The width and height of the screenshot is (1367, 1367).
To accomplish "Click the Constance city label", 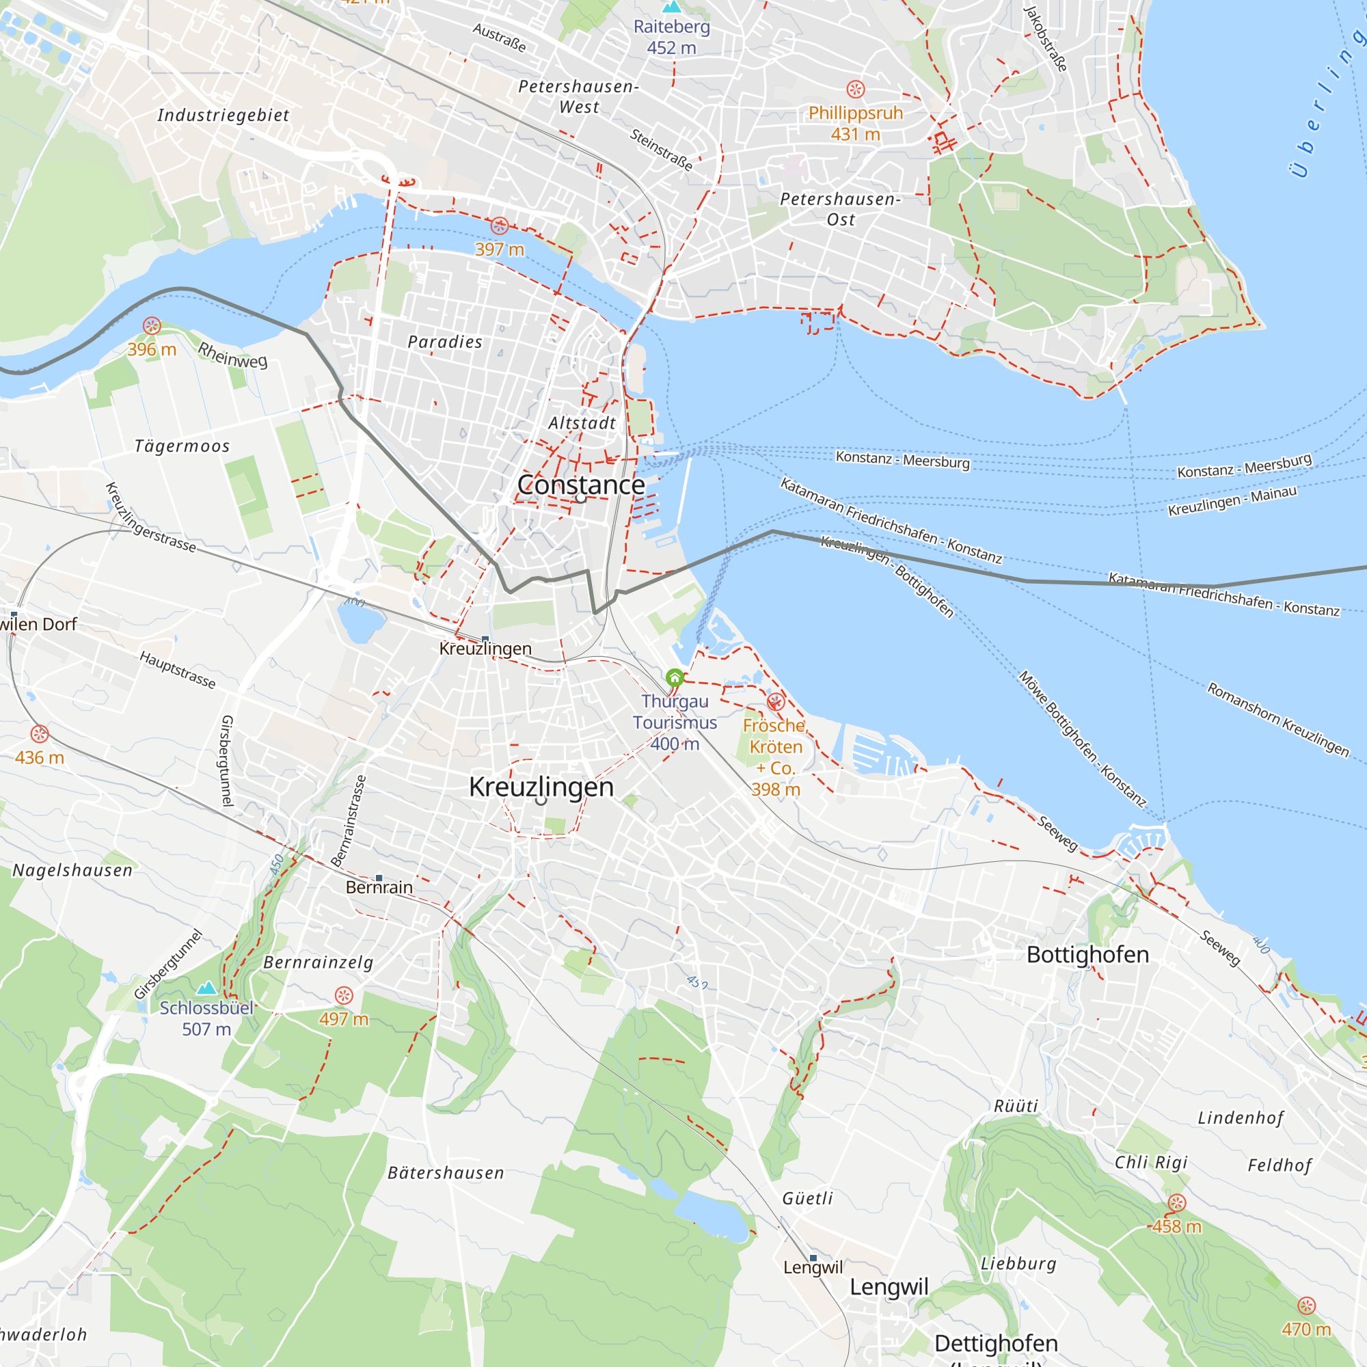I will (x=581, y=485).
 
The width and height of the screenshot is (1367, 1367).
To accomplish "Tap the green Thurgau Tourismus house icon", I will (x=675, y=678).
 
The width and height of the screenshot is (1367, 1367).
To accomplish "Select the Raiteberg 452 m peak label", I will (x=671, y=37).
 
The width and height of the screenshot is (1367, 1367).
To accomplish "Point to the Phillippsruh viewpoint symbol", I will (x=856, y=89).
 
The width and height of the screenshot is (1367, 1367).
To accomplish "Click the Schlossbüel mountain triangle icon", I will (x=206, y=988).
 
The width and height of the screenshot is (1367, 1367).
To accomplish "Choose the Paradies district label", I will (x=445, y=342).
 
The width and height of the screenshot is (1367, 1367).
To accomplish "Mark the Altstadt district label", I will (x=582, y=423).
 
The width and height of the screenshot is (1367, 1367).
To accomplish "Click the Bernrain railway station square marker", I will (x=379, y=878).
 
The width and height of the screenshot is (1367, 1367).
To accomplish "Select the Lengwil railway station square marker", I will (x=813, y=1258).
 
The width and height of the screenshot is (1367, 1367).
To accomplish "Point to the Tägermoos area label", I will (x=182, y=446).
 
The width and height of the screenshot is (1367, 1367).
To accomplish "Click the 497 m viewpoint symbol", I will (x=344, y=996).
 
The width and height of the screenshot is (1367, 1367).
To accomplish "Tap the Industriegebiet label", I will (x=224, y=116).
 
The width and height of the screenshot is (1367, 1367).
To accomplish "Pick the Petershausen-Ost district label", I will (x=841, y=209).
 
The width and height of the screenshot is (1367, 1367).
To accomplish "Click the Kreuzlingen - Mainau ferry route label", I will (x=1232, y=501).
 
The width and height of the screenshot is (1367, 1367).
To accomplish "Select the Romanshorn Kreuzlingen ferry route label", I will (x=1278, y=719).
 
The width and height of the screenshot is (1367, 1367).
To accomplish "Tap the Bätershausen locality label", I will (x=446, y=1173).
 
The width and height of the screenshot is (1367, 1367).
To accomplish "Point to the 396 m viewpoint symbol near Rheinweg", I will (x=152, y=326).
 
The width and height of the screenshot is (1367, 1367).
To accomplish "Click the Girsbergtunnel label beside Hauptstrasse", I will (x=227, y=761).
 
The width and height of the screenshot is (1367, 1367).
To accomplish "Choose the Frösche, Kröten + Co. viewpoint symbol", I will (x=776, y=701).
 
